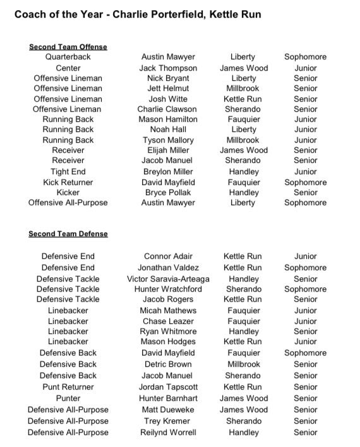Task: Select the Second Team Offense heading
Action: (x=68, y=47)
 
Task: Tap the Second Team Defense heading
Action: (x=68, y=234)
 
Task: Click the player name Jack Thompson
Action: (x=168, y=68)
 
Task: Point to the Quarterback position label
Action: (x=68, y=57)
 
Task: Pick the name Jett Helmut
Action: (x=168, y=88)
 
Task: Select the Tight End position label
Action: (x=68, y=172)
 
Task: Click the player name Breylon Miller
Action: (x=168, y=172)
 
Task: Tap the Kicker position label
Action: (x=68, y=192)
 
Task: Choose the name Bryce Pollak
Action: (x=168, y=192)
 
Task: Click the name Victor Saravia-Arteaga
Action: (x=168, y=278)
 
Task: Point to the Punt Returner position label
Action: (x=68, y=386)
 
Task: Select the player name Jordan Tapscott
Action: (x=168, y=386)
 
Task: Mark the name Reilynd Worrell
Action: (x=168, y=432)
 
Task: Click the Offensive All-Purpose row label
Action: (x=68, y=203)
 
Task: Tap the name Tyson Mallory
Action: (x=168, y=140)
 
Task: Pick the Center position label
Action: (x=68, y=68)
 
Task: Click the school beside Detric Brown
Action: (x=243, y=364)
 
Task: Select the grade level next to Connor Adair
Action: (x=306, y=256)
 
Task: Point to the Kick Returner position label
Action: (x=68, y=182)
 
